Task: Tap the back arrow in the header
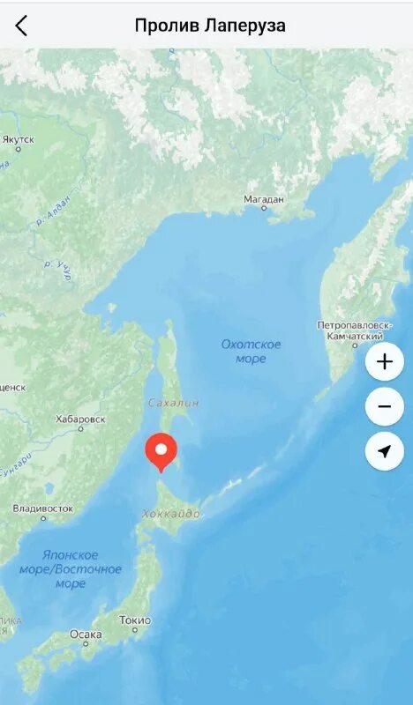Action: pyautogui.click(x=21, y=26)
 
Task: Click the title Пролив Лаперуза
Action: pyautogui.click(x=210, y=26)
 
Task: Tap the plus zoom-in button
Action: pyautogui.click(x=384, y=361)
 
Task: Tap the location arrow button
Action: pyautogui.click(x=384, y=451)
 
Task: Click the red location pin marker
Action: pyautogui.click(x=161, y=451)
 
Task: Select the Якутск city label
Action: pyautogui.click(x=19, y=139)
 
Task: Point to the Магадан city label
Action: pyautogui.click(x=264, y=199)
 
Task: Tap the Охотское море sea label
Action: pyautogui.click(x=252, y=351)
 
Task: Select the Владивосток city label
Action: pyautogui.click(x=43, y=508)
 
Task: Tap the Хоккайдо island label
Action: pyautogui.click(x=170, y=514)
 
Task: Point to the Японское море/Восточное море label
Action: pyautogui.click(x=71, y=568)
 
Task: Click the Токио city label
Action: pyautogui.click(x=134, y=620)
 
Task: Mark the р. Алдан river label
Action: pyautogui.click(x=52, y=214)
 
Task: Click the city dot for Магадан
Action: pyautogui.click(x=263, y=209)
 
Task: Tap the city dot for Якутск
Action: pyautogui.click(x=18, y=149)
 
